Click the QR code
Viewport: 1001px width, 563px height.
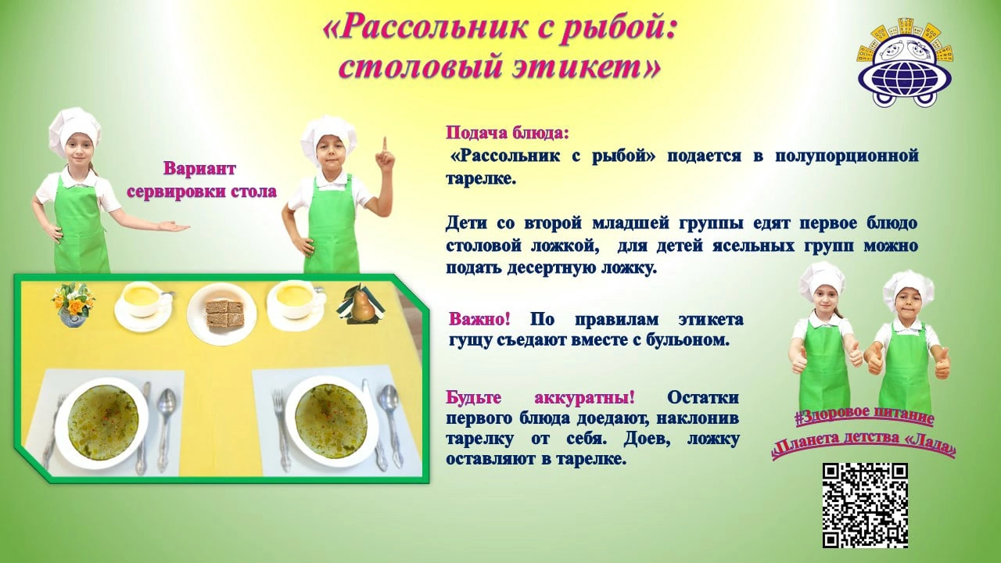865,505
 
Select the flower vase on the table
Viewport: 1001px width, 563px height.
74,305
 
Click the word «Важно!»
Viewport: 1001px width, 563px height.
479,320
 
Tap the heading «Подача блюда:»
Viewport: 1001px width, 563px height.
508,133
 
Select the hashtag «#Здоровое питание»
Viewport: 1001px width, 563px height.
864,418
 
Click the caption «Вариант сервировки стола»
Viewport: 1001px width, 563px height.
202,180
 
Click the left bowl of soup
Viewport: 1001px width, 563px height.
102,420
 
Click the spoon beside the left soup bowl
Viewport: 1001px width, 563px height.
165,430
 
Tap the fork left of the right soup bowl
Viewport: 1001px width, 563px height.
281,429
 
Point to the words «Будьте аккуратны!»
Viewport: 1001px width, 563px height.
540,397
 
